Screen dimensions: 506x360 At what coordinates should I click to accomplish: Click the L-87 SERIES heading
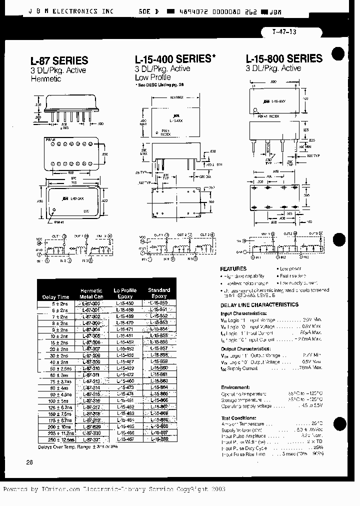tap(59, 60)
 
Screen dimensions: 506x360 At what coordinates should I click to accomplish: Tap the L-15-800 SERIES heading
tap(283, 58)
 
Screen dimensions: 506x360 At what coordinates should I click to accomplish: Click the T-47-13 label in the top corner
tap(284, 32)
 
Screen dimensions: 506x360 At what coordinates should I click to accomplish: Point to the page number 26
tap(29, 462)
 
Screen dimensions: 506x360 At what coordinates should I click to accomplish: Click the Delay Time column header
tap(55, 297)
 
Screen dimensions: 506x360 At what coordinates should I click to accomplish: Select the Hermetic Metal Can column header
tap(91, 293)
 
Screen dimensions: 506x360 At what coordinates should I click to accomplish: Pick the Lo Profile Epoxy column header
tap(124, 293)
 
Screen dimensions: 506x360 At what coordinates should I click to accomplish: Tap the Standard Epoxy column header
tap(159, 293)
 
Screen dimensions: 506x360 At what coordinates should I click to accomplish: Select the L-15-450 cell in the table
tap(124, 303)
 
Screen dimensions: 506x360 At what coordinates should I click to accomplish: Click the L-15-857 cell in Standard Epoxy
tap(159, 348)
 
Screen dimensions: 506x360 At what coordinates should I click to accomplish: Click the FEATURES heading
tap(233, 268)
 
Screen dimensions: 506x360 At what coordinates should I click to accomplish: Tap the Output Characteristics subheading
tap(246, 349)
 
